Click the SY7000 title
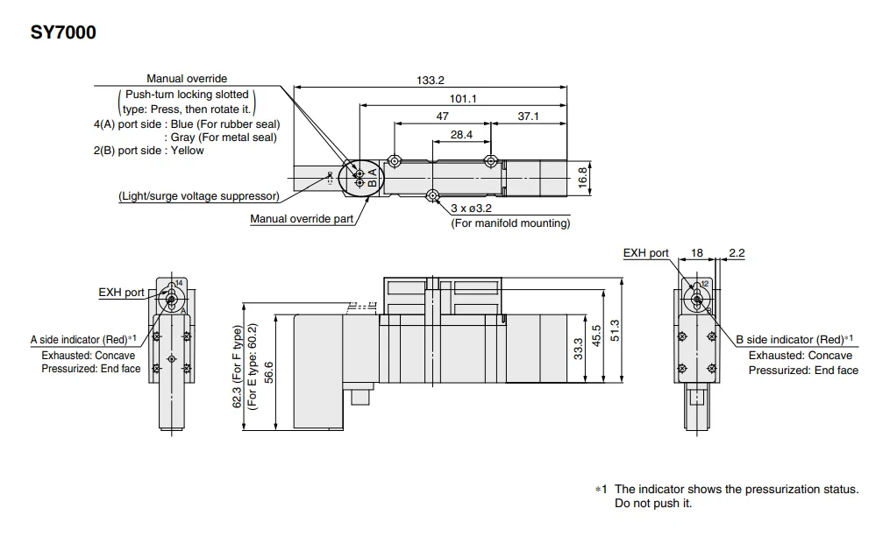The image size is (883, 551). [62, 33]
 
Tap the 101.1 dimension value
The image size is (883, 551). [463, 99]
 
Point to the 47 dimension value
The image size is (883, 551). [442, 117]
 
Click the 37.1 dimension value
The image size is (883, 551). [528, 117]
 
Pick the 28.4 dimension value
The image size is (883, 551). [461, 135]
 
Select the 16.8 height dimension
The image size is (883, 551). [582, 176]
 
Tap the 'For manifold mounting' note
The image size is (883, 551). [510, 223]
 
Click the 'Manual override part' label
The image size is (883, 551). [303, 219]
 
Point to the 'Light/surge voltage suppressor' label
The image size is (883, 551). [199, 196]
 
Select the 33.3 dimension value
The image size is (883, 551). [578, 350]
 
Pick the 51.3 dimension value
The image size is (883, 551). [616, 330]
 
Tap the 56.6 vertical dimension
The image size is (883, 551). [268, 372]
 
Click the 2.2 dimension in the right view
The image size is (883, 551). [737, 253]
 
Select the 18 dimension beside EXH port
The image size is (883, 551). [698, 253]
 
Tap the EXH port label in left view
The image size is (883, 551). [121, 293]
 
